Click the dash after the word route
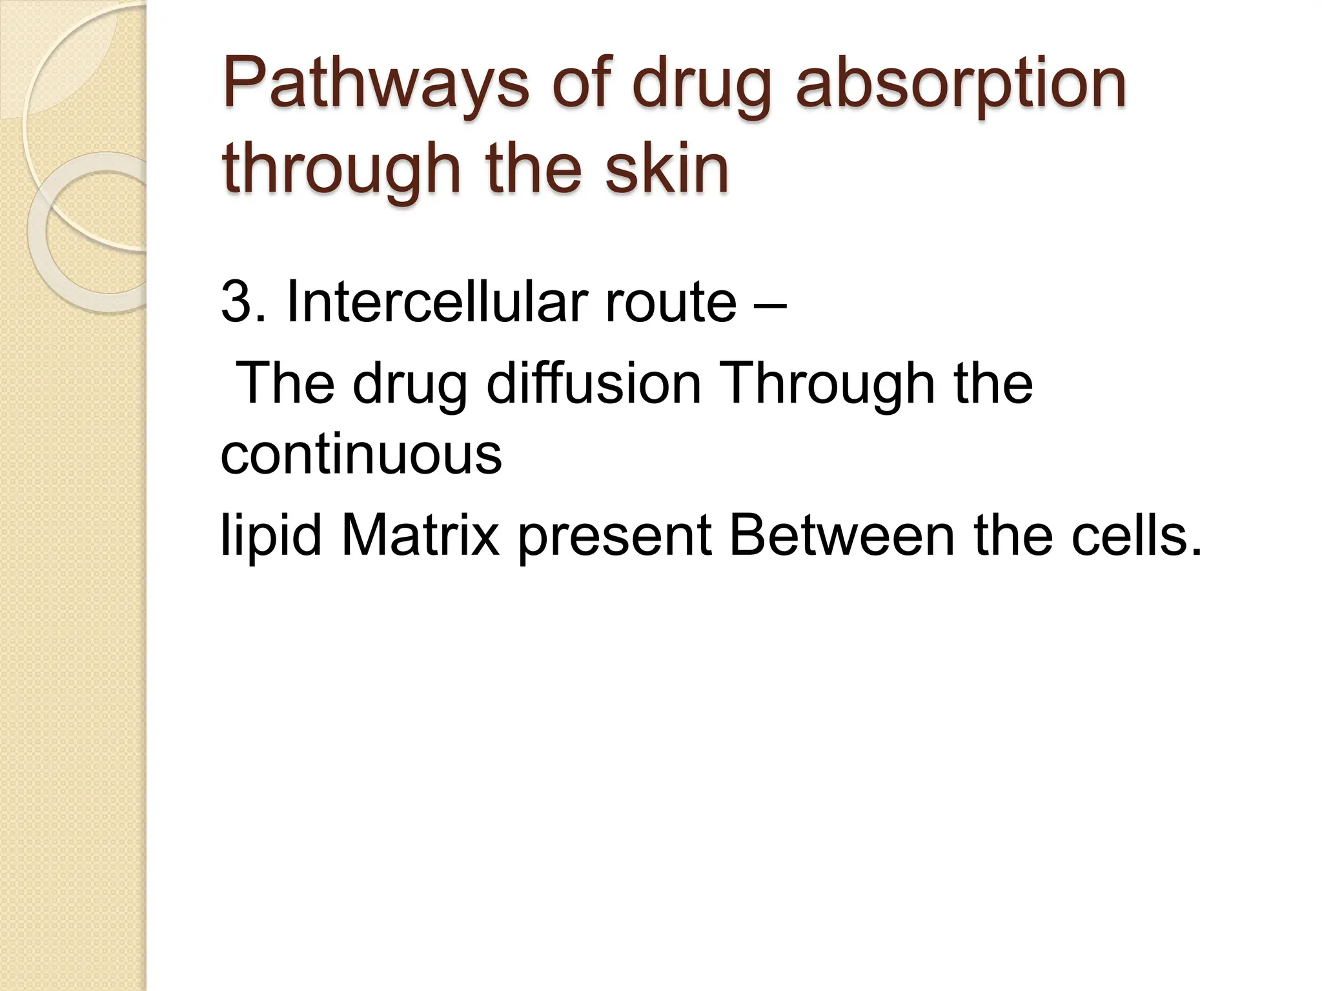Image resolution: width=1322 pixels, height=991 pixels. [769, 303]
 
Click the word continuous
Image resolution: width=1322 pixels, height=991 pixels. [361, 454]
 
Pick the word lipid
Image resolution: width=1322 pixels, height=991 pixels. [270, 537]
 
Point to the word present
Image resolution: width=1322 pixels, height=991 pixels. [614, 537]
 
